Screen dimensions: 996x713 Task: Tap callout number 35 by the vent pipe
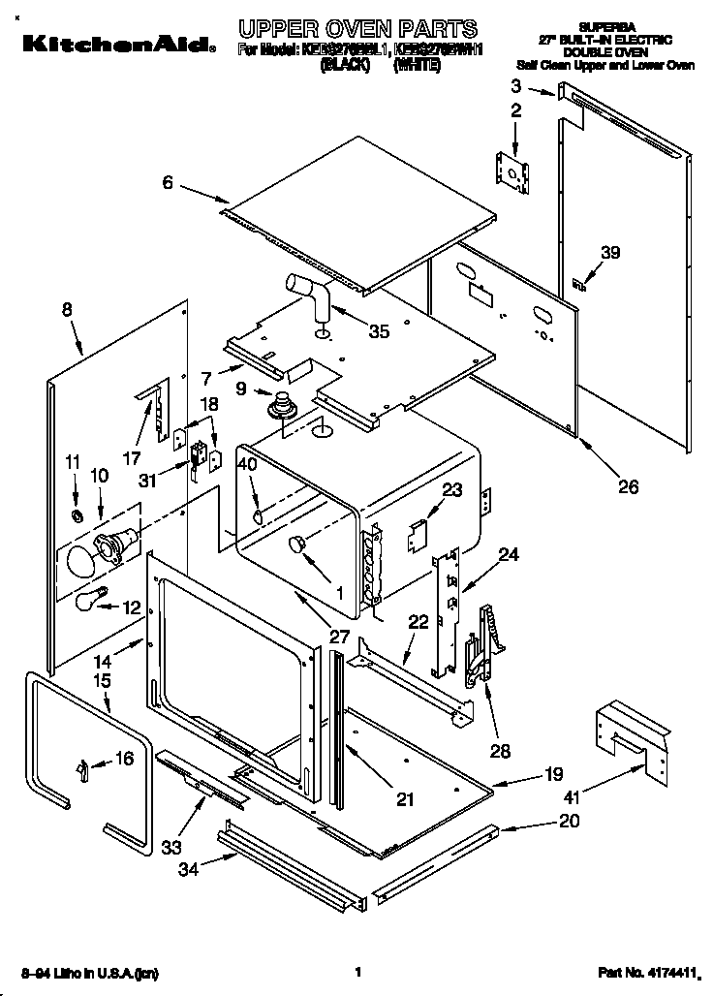point(379,331)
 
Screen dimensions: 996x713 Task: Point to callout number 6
point(168,181)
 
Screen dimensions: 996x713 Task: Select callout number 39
point(608,253)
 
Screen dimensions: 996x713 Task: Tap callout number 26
point(628,486)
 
